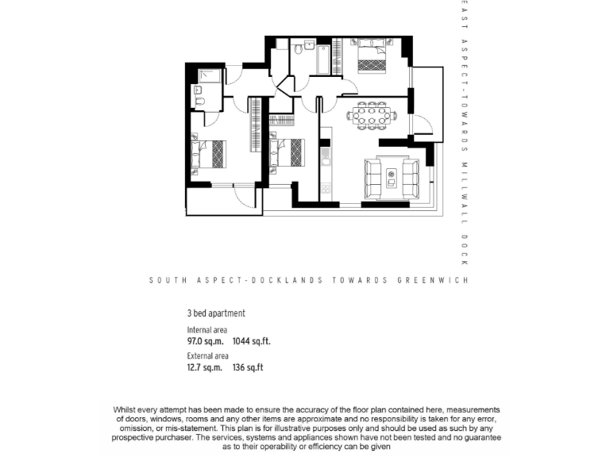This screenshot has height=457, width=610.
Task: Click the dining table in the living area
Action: [371, 115]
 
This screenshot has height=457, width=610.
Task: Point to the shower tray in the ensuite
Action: [210, 76]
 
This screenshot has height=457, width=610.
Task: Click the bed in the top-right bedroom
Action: [370, 56]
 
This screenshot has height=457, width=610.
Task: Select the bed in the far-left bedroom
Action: [210, 153]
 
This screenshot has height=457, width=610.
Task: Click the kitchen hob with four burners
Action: [325, 153]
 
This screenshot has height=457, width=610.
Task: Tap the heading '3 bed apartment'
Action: [215, 313]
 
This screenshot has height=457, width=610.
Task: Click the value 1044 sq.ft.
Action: [251, 341]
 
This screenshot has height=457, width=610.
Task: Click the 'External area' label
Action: [207, 356]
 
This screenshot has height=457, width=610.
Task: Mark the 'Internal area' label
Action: [207, 329]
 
